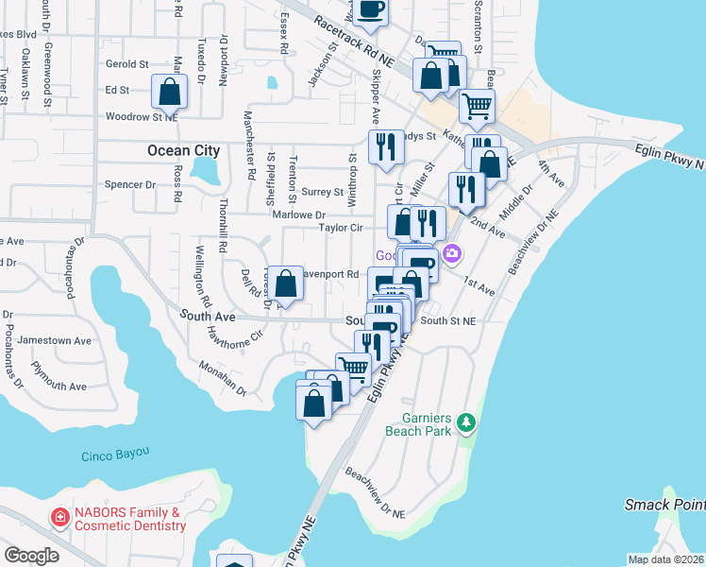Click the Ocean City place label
[x=183, y=150]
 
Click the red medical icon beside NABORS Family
[x=59, y=518]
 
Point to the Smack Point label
[x=664, y=505]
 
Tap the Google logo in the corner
[x=31, y=556]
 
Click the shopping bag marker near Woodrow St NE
[x=169, y=93]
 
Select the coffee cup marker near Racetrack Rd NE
[x=370, y=9]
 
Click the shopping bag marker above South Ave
[x=286, y=283]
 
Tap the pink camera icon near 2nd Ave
[x=453, y=253]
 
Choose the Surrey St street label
[x=322, y=192]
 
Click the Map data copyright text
[x=665, y=559]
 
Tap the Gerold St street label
[x=127, y=64]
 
